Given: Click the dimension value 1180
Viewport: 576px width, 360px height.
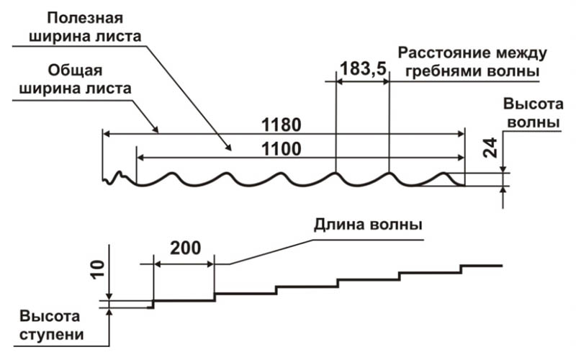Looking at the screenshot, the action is point(281,125).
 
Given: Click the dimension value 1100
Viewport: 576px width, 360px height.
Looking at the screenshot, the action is point(281,149).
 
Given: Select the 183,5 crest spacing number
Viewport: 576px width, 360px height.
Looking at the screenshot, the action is point(363,68).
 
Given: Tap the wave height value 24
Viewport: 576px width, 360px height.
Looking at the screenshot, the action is point(490,148).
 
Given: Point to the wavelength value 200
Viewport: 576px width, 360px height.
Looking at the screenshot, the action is point(186,248).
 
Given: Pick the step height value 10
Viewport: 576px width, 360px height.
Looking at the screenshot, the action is point(98,269).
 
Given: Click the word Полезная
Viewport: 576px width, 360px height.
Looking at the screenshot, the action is point(85,18).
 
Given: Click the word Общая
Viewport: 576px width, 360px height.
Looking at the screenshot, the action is point(75,70).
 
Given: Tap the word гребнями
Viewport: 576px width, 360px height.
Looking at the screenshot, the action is point(443,71).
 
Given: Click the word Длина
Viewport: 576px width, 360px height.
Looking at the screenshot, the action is point(338,224).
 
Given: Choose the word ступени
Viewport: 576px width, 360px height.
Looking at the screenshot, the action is point(51,335).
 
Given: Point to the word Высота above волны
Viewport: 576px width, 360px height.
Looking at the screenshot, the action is point(533,104).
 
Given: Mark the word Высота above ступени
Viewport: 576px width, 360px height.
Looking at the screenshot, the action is point(50,316).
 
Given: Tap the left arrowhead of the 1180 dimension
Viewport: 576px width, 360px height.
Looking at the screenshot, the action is point(106,134).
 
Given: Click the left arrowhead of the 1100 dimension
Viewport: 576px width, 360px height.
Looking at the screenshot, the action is point(140,158).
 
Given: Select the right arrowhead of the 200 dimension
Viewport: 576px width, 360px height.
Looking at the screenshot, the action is point(210,264).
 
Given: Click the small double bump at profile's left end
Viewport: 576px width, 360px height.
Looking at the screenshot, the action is point(116,177).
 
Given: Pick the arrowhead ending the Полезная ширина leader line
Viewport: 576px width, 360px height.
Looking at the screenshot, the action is point(228,147).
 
